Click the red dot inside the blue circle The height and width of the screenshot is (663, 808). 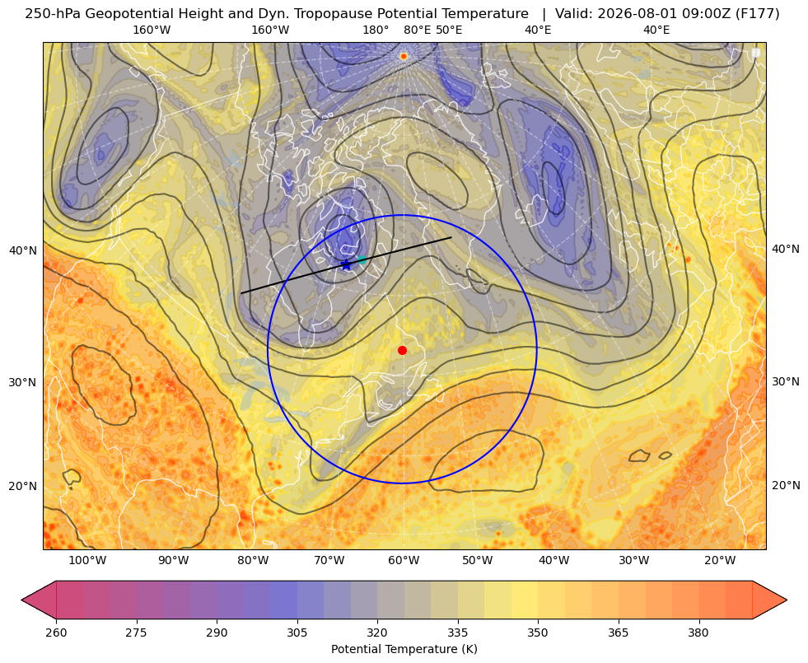click(403, 350)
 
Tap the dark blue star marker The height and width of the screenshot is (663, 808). click(346, 264)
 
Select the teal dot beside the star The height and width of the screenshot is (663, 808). click(362, 259)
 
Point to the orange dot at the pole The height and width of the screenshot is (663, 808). click(404, 56)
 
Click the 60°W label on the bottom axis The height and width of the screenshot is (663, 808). click(404, 561)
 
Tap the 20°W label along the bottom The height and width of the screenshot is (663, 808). click(720, 561)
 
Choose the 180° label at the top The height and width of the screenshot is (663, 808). click(376, 30)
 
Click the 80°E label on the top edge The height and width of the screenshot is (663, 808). click(418, 30)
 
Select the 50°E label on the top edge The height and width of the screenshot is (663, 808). click(449, 30)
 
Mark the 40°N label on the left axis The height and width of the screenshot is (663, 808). click(23, 251)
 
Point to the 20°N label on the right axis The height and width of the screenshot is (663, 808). click(786, 485)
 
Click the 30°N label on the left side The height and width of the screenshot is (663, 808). click(23, 382)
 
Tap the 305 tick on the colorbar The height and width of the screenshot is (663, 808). click(297, 633)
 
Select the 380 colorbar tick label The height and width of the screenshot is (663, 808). click(698, 633)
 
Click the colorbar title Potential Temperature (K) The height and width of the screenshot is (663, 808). click(404, 649)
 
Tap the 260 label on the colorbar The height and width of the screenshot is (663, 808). click(56, 633)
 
